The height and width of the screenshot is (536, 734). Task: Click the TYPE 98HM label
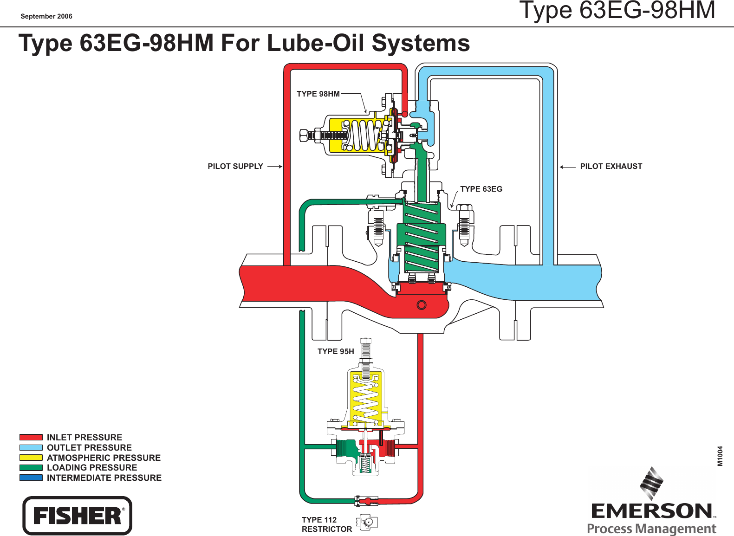[x=318, y=94]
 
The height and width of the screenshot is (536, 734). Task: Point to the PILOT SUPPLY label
[x=235, y=166]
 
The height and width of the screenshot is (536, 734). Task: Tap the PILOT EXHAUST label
[x=611, y=166]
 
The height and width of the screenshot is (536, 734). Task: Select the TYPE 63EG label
[x=481, y=189]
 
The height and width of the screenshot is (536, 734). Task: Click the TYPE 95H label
[x=336, y=351]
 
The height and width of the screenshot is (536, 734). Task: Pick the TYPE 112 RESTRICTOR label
[x=327, y=524]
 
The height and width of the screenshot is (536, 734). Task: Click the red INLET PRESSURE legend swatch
[x=31, y=437]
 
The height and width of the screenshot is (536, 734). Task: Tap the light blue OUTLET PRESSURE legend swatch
[x=31, y=447]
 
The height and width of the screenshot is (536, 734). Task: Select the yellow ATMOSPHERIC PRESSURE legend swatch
[x=31, y=458]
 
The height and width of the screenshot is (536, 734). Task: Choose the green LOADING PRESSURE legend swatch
[x=31, y=468]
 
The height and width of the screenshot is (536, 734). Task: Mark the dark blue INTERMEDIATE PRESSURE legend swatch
[x=31, y=478]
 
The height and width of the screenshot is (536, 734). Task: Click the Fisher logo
[x=78, y=516]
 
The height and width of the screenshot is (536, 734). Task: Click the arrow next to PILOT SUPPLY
[x=275, y=166]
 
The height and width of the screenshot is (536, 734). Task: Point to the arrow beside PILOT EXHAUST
[x=567, y=167]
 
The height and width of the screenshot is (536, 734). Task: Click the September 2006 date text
[x=46, y=16]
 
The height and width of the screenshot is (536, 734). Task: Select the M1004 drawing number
[x=720, y=456]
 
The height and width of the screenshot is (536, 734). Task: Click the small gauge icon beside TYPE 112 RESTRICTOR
[x=367, y=522]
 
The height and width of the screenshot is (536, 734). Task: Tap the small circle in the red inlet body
[x=422, y=305]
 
